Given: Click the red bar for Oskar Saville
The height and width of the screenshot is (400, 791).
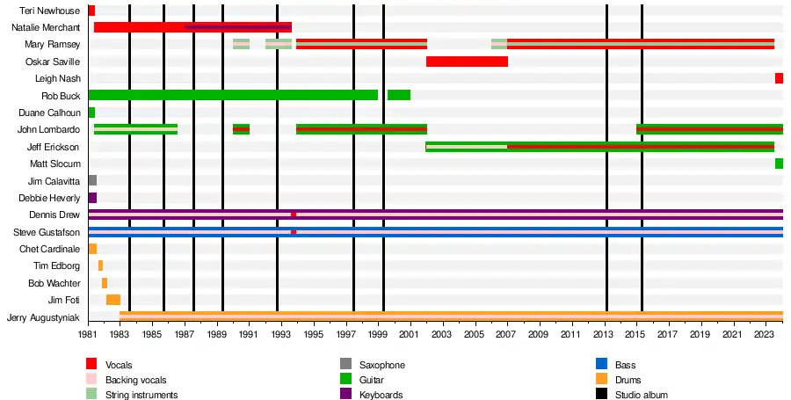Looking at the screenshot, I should (x=467, y=62).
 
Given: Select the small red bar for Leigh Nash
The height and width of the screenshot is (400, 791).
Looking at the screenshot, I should (x=779, y=78).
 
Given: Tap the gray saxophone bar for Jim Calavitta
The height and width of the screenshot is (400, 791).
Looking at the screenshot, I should (x=92, y=180).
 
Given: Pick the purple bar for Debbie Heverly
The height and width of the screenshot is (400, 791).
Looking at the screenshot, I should (x=92, y=198).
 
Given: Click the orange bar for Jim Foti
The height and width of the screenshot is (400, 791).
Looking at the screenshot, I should (x=113, y=300).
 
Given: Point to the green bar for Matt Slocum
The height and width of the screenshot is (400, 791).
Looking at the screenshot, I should (x=779, y=164).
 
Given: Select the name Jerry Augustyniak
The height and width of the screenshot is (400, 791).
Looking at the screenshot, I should (x=43, y=317).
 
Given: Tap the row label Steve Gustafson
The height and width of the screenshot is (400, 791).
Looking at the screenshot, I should (x=47, y=232).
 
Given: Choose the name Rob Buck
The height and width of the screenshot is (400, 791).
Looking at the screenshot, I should (x=61, y=96).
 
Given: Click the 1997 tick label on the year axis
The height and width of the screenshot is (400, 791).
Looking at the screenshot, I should (x=346, y=335).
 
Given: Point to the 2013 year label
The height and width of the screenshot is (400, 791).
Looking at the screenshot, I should (x=603, y=335).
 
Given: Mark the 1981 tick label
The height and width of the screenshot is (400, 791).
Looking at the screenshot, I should (x=88, y=335).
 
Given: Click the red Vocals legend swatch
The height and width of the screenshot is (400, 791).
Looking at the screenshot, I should (x=91, y=364).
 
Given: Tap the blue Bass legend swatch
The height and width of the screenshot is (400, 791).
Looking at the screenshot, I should (x=601, y=364).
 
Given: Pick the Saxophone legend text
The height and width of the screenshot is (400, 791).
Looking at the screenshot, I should (x=382, y=365).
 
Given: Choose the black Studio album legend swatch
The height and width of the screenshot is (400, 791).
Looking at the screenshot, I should (x=601, y=395).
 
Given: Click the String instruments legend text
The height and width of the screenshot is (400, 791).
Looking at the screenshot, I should (x=142, y=395).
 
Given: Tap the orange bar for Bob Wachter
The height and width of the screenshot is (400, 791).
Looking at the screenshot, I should (x=104, y=283).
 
